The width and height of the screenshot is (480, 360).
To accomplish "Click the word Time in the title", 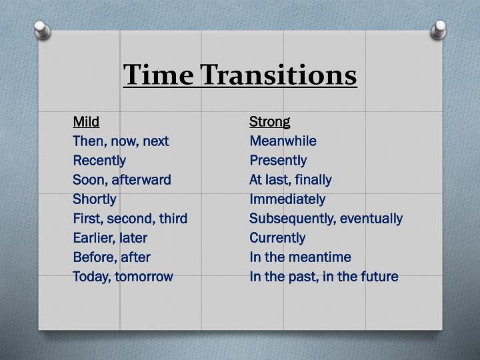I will click(x=157, y=75).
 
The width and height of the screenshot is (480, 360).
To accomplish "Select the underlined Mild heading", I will click(x=86, y=121).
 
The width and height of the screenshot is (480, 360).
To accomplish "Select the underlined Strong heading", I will click(x=270, y=121).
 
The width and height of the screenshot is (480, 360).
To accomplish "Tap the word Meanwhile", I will click(x=283, y=141).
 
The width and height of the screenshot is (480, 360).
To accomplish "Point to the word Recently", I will click(x=99, y=161).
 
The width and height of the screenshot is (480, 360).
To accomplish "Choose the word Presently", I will click(x=278, y=161).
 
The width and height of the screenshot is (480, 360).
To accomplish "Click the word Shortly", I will click(x=95, y=199).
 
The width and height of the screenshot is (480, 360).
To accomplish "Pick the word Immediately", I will click(x=287, y=199).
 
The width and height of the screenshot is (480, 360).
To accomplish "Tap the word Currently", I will click(x=277, y=238).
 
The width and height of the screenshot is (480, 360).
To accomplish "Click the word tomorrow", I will click(x=144, y=277).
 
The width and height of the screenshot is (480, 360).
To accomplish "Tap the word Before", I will click(x=93, y=257).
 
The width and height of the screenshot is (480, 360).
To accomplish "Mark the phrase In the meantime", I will click(x=300, y=257).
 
